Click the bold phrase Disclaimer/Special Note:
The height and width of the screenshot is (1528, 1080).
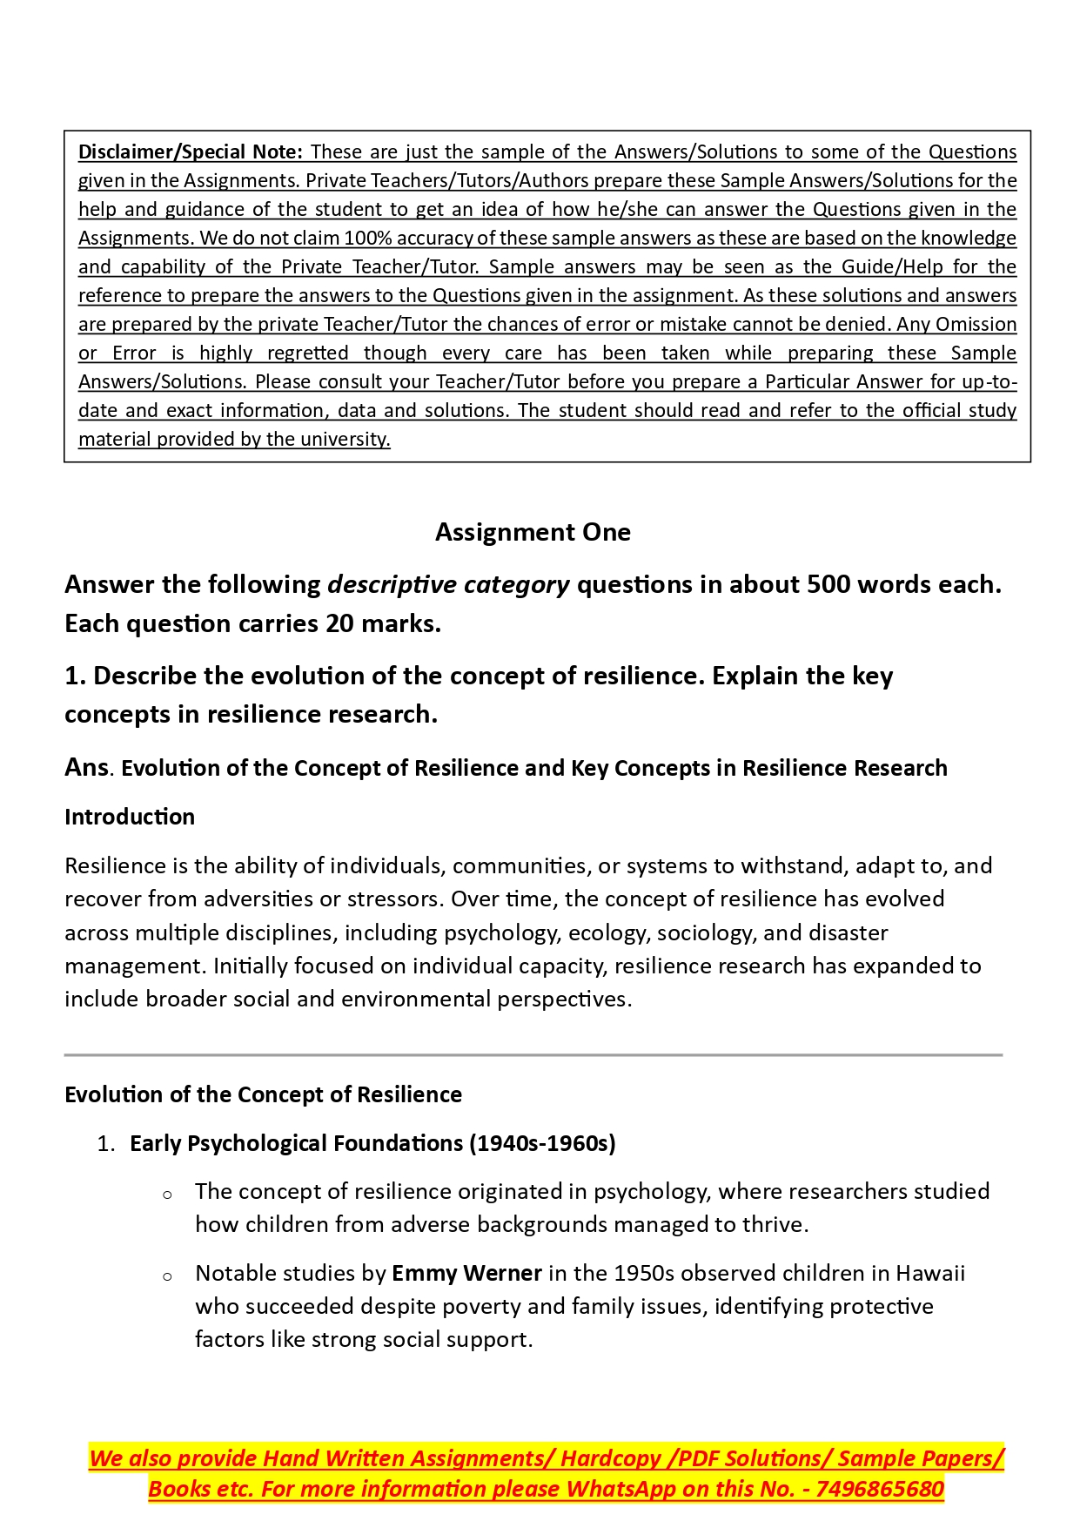190,151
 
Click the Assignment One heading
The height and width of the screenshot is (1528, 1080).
533,531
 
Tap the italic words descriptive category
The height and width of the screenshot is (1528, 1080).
448,584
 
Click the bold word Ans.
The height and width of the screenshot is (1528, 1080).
87,767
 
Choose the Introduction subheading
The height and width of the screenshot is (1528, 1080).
130,817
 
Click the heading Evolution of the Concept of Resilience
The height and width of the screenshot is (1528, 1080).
263,1094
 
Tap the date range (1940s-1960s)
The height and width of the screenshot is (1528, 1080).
542,1143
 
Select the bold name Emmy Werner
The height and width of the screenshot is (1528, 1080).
466,1273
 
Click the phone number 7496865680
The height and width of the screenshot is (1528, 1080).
880,1489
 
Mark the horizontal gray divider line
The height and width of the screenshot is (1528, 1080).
533,1055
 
